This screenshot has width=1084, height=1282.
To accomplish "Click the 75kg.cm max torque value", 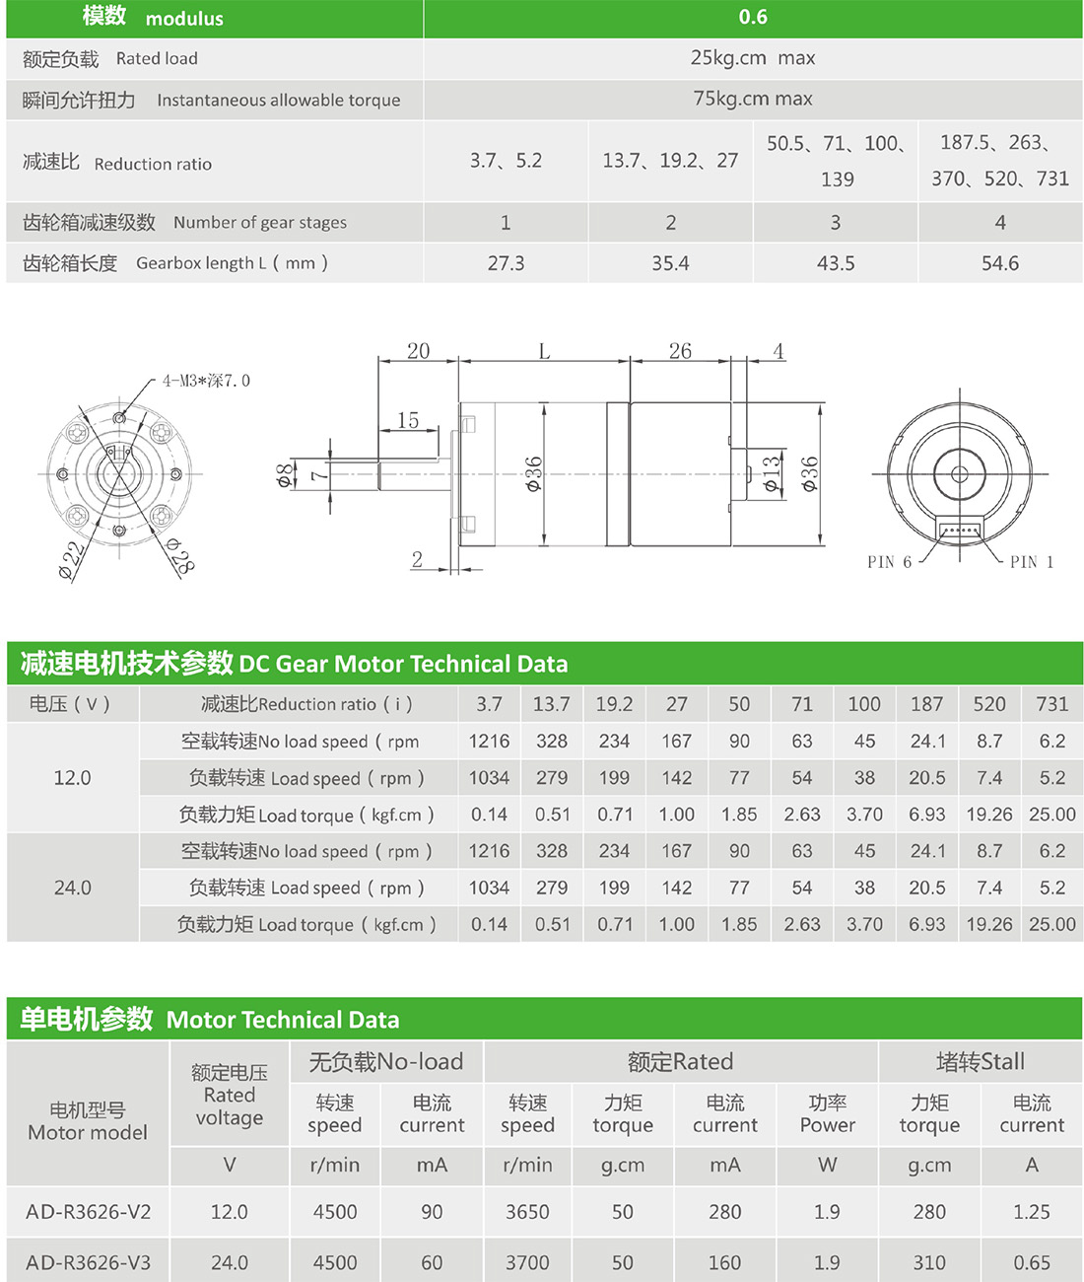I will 753,99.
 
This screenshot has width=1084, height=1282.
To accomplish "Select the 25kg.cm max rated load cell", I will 753,58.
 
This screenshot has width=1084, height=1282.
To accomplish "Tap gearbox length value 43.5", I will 836,263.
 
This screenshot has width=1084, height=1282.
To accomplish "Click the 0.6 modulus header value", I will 753,17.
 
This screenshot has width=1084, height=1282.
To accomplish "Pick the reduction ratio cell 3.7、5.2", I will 506,161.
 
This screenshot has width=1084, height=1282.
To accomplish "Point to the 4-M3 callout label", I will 206,381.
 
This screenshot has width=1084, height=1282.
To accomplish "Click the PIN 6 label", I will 889,562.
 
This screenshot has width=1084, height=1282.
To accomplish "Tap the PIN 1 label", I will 1032,562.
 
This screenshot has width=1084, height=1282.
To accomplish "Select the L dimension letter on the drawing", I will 544,352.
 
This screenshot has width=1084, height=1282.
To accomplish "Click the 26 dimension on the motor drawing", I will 680,351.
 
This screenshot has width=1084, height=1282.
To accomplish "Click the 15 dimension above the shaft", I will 408,420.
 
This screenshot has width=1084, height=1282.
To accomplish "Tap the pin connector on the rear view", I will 959,531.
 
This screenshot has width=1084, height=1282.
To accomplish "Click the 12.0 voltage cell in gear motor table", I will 73,778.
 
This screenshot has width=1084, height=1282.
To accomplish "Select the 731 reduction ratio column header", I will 1051,704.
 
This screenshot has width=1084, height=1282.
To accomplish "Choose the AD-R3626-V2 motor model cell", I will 89,1212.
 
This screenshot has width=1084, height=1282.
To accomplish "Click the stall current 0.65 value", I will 1032,1262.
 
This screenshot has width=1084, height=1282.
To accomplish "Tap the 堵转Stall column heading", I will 980,1062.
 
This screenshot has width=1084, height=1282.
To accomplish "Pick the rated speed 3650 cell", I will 527,1212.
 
